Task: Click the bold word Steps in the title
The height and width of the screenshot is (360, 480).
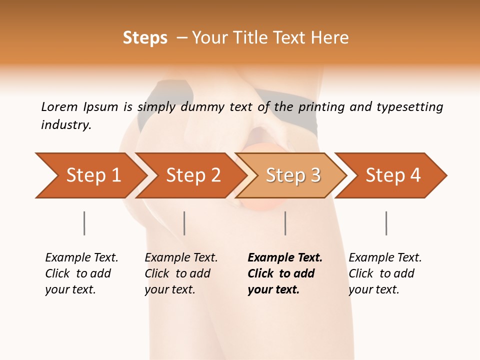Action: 145,38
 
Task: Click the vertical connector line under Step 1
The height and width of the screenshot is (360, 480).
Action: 84,223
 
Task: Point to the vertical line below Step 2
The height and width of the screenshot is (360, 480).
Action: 184,223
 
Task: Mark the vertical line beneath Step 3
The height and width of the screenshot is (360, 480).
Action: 285,223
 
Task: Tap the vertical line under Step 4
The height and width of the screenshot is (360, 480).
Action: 386,223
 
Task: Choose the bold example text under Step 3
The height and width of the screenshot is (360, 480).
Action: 284,273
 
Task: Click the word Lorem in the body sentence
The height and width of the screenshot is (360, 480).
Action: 59,107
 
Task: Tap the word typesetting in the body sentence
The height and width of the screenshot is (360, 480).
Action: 409,107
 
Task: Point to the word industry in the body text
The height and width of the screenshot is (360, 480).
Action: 65,125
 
